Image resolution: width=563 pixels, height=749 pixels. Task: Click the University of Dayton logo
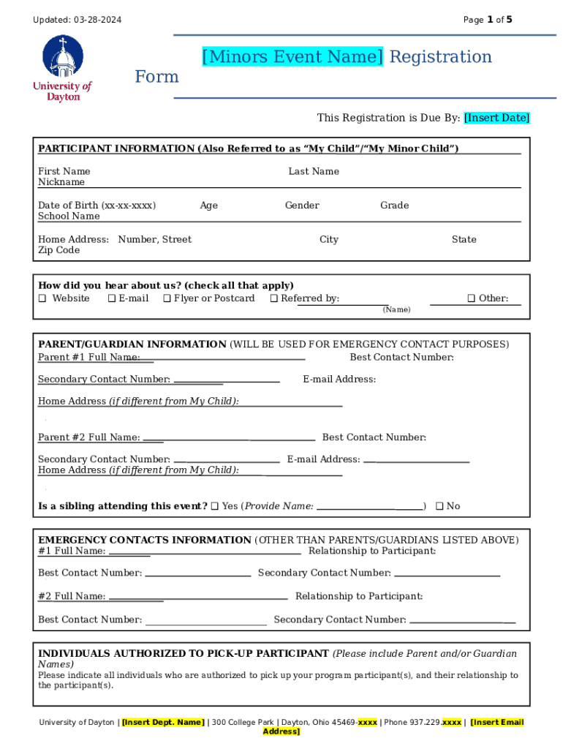click(62, 69)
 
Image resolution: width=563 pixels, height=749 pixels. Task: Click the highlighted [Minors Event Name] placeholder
click(292, 57)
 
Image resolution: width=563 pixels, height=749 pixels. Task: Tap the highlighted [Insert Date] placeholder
click(497, 118)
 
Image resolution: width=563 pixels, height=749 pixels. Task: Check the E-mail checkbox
click(112, 298)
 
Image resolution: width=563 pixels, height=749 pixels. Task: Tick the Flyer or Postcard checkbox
click(167, 298)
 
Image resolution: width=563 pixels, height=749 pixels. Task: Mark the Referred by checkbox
click(274, 298)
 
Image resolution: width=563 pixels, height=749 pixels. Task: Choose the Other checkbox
click(472, 298)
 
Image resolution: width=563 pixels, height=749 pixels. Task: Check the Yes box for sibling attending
click(215, 506)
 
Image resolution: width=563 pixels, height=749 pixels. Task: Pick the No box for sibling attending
click(439, 506)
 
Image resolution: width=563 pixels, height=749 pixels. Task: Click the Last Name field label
click(314, 171)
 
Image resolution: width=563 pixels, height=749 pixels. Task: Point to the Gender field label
click(302, 206)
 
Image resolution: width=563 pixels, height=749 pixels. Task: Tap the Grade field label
click(394, 206)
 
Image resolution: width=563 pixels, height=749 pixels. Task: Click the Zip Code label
click(59, 250)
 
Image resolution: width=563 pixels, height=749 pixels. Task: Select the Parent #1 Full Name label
click(88, 357)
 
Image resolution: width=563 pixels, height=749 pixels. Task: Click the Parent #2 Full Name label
click(88, 437)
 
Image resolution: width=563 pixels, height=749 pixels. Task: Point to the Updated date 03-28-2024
click(97, 20)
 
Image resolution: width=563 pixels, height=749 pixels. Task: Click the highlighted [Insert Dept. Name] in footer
click(163, 723)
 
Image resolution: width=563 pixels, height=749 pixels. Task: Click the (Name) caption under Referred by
click(396, 310)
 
